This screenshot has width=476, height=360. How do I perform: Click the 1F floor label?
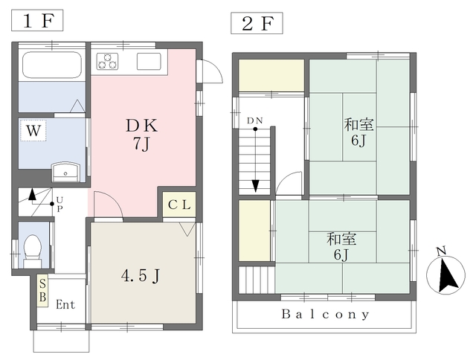coord(37,20)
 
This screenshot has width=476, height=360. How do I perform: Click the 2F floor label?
coord(257,23)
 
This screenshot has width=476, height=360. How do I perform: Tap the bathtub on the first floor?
coord(52,65)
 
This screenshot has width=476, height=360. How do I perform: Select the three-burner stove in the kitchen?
coord(107,61)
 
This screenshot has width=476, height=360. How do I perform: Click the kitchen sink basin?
coord(149,61)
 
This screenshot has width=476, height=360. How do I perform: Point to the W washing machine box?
coord(33,130)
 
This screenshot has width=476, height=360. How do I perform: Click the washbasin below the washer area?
coord(66,173)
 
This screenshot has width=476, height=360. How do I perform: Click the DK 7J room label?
coord(142,135)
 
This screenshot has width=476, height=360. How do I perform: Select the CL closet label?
coord(179,205)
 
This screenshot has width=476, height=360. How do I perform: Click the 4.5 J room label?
coord(141,276)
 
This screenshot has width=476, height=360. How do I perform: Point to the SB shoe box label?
coord(43,291)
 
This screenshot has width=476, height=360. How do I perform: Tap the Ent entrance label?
coord(65,304)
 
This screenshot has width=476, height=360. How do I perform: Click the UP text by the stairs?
coord(59,204)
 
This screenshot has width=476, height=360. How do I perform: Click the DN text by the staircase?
coord(254,120)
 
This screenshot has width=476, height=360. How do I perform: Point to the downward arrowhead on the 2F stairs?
coord(256,186)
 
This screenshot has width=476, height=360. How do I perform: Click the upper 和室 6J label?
coord(358,132)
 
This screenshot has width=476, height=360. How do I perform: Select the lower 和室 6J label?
coord(341,246)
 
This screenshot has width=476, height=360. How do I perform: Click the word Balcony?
coord(326,314)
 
